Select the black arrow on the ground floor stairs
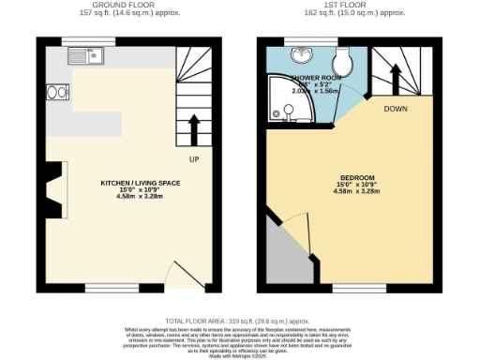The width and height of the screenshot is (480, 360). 195,127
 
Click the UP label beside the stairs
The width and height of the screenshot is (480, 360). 195,158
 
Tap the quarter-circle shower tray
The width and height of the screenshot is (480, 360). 285,107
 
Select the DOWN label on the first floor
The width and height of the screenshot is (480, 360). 395,108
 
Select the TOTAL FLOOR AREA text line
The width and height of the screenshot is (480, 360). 241,321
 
